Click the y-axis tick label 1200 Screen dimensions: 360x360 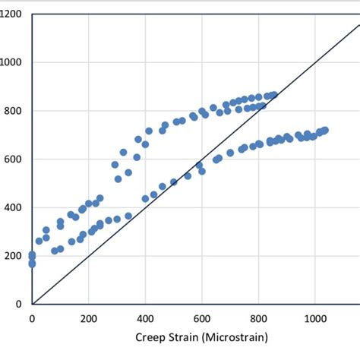pos(11,15)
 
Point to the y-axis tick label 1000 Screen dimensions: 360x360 pos(11,63)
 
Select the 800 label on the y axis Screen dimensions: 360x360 pos(14,112)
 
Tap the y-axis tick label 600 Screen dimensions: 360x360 pos(14,159)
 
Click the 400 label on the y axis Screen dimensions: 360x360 pos(14,207)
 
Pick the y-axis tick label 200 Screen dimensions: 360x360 pos(14,256)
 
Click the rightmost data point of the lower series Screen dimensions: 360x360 pos(324,131)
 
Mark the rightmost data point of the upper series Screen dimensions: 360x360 pos(274,95)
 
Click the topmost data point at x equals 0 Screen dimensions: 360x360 pos(32,255)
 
